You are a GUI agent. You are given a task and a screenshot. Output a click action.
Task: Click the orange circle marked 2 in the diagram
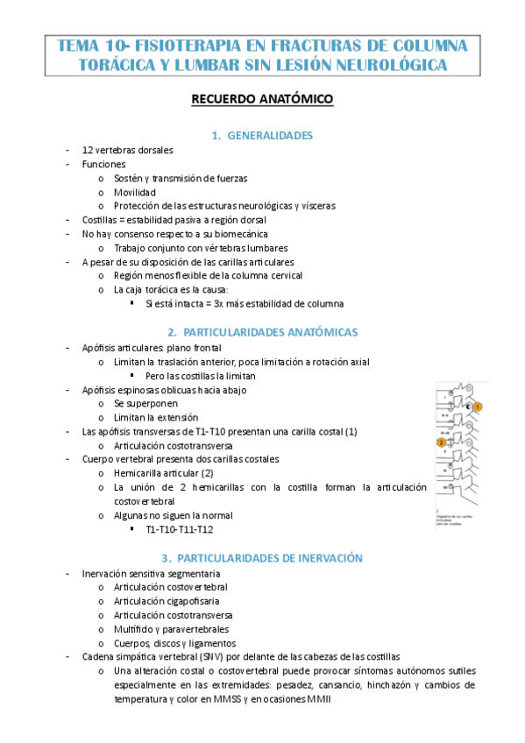(441, 443)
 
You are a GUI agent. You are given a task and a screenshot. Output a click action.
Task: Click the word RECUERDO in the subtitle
(223, 100)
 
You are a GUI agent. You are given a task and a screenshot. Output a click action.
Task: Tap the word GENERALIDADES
(270, 135)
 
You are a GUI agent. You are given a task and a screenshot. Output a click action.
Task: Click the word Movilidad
(134, 192)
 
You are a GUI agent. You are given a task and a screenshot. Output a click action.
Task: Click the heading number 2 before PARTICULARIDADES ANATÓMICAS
(172, 333)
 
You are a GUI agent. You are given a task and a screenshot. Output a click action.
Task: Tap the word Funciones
(103, 164)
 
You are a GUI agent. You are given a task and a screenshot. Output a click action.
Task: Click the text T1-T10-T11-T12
(180, 529)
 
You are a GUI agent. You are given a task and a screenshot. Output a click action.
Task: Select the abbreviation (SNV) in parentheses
(209, 656)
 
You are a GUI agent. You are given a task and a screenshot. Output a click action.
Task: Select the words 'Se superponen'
(145, 403)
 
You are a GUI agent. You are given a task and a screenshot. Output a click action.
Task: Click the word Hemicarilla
(139, 473)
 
